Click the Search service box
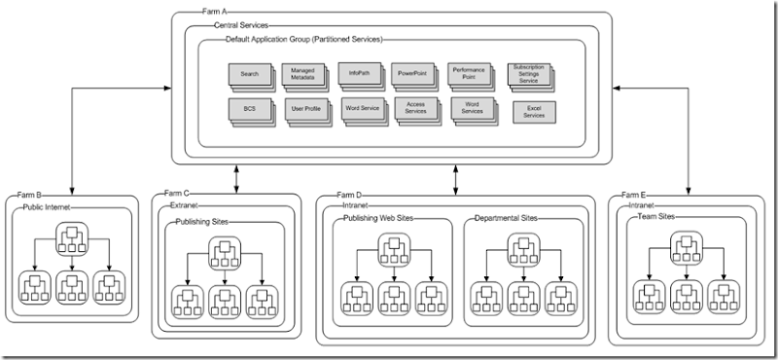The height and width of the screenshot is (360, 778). [249, 75]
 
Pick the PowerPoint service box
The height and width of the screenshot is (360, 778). [413, 75]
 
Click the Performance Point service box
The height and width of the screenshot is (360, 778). [469, 75]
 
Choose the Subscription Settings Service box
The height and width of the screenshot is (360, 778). [529, 75]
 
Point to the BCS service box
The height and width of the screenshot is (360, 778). [249, 109]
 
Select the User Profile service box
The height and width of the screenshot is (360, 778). [304, 110]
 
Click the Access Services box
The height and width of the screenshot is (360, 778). [415, 109]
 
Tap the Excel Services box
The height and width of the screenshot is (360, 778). [533, 112]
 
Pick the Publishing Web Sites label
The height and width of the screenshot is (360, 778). [380, 219]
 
